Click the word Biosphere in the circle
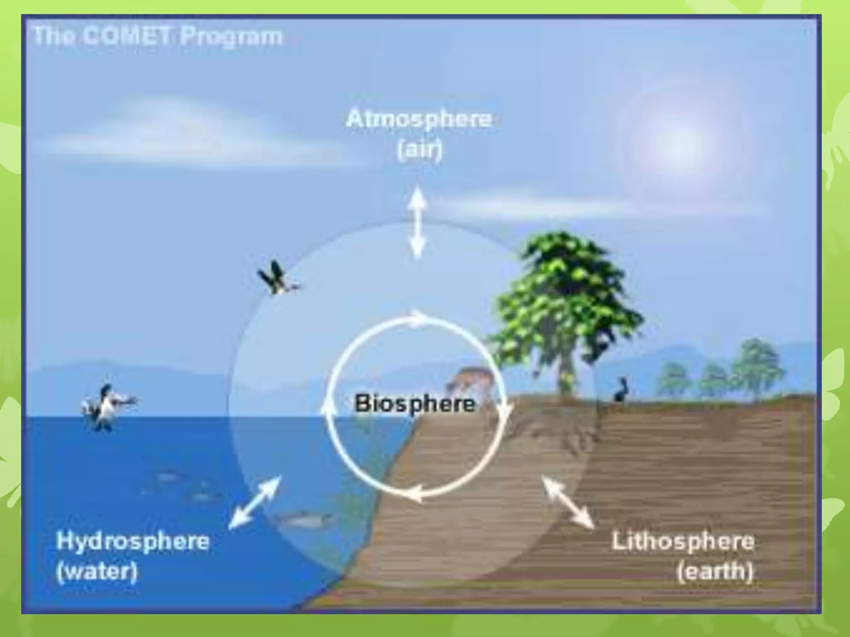click(x=415, y=404)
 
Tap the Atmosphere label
click(x=418, y=120)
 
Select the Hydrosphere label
click(x=132, y=542)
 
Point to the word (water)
click(x=97, y=571)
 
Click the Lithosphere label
click(x=683, y=542)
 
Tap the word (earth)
click(x=715, y=571)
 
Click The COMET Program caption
click(x=157, y=36)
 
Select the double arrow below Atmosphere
click(x=417, y=222)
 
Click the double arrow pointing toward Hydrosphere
click(x=255, y=502)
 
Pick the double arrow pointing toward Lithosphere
click(x=568, y=502)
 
